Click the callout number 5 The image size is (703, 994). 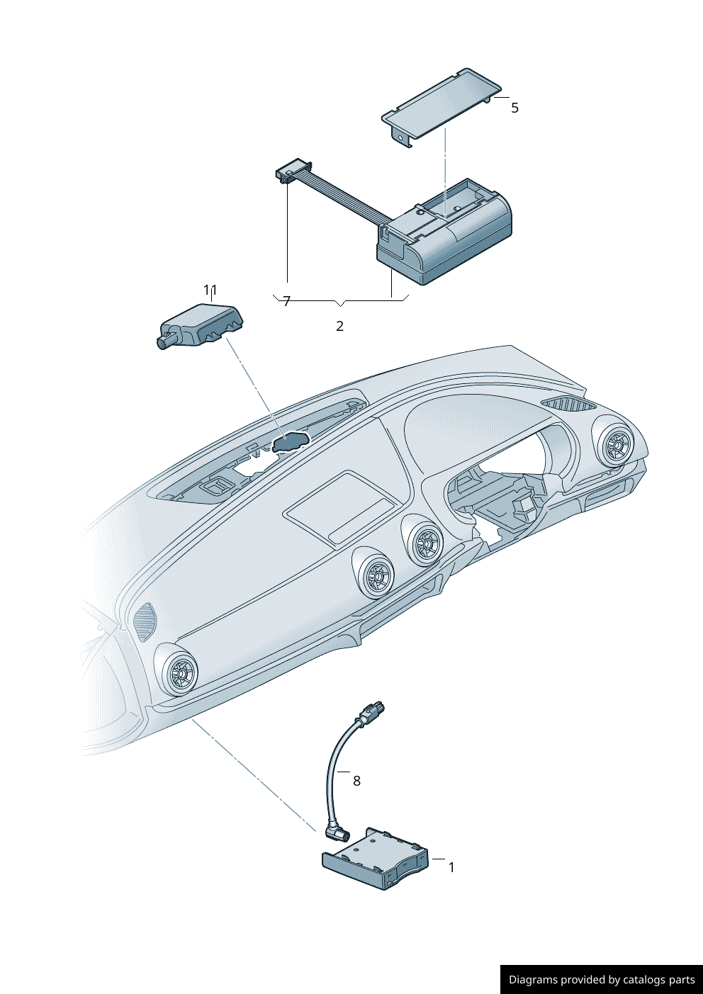coord(514,108)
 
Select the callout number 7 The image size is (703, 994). coord(286,302)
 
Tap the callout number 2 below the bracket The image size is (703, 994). coord(339,327)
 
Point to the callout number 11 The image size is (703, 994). coord(210,290)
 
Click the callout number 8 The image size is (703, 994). coord(356,781)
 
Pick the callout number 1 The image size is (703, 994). coord(451,867)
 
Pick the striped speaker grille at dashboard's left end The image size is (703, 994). coord(145,621)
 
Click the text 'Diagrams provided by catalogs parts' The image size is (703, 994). coord(602,980)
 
